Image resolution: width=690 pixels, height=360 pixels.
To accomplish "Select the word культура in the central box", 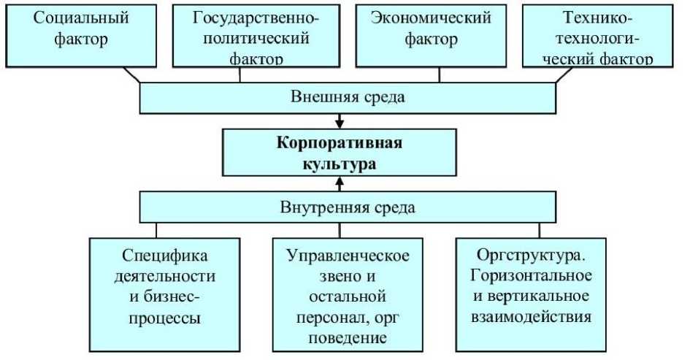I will click(x=339, y=163).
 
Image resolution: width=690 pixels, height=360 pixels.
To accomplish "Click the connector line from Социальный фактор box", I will click(x=131, y=74).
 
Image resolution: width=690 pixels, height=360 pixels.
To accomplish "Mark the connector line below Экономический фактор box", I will click(x=439, y=74).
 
